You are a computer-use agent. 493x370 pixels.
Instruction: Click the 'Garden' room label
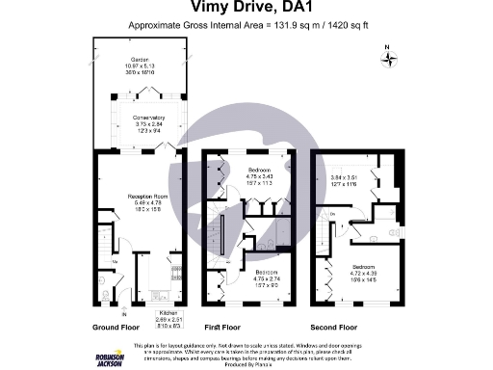(x=141, y=61)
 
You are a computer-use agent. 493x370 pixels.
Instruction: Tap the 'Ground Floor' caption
(x=115, y=326)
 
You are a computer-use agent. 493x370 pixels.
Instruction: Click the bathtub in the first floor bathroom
(x=223, y=232)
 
